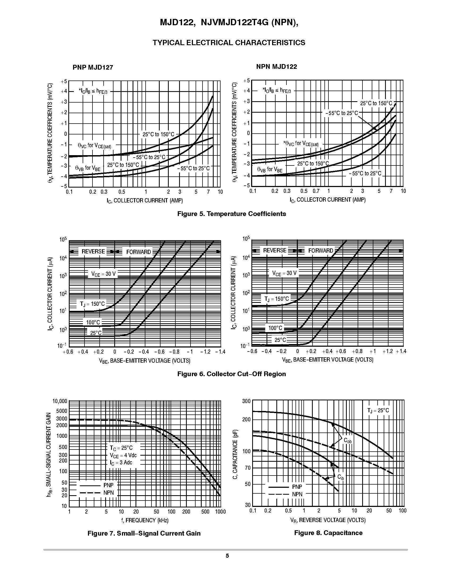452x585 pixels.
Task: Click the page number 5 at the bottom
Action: pos(227,556)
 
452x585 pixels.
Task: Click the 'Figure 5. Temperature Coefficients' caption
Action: pos(231,214)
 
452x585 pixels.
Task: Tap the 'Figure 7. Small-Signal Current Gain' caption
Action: pos(144,533)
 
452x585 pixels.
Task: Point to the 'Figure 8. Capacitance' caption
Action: pos(328,532)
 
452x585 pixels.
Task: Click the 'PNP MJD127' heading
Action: pos(93,67)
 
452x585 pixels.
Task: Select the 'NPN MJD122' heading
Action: pos(277,66)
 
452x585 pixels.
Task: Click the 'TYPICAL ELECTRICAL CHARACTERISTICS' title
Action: pos(229,43)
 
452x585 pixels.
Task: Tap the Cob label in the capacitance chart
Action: pos(348,440)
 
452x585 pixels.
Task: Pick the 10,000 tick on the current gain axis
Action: pos(60,401)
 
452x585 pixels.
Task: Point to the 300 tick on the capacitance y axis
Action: pos(246,401)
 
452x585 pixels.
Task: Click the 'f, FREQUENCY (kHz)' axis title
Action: pos(145,520)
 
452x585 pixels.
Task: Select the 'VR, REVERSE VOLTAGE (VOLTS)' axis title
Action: pos(328,520)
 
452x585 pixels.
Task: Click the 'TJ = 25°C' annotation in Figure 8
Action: pos(378,411)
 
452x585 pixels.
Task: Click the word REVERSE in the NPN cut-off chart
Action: pos(275,251)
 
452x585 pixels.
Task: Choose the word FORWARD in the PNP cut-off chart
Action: pos(138,252)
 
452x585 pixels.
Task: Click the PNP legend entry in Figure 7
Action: pos(108,485)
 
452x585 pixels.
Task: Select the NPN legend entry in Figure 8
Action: pos(297,494)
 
